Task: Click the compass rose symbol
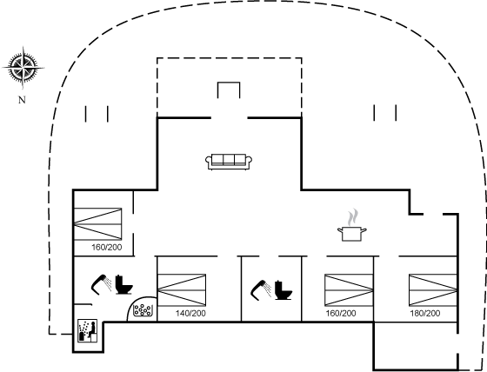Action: point(23,68)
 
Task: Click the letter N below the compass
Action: point(22,100)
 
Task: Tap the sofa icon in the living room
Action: point(229,162)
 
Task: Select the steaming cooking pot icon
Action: point(352,225)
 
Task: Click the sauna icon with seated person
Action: point(87,330)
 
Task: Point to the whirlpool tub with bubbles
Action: point(143,310)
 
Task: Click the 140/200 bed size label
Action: point(190,313)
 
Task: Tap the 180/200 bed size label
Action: point(425,313)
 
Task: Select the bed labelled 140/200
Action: point(182,290)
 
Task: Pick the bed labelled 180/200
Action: point(433,290)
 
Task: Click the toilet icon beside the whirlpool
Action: point(123,284)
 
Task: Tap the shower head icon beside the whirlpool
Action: point(101,283)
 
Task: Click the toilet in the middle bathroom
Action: point(284,289)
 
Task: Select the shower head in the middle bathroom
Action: point(261,289)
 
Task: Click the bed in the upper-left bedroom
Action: point(97,224)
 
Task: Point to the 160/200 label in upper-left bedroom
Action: point(106,248)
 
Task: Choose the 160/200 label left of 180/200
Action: point(341,313)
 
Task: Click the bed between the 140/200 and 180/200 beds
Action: point(349,290)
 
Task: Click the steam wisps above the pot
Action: point(352,217)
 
